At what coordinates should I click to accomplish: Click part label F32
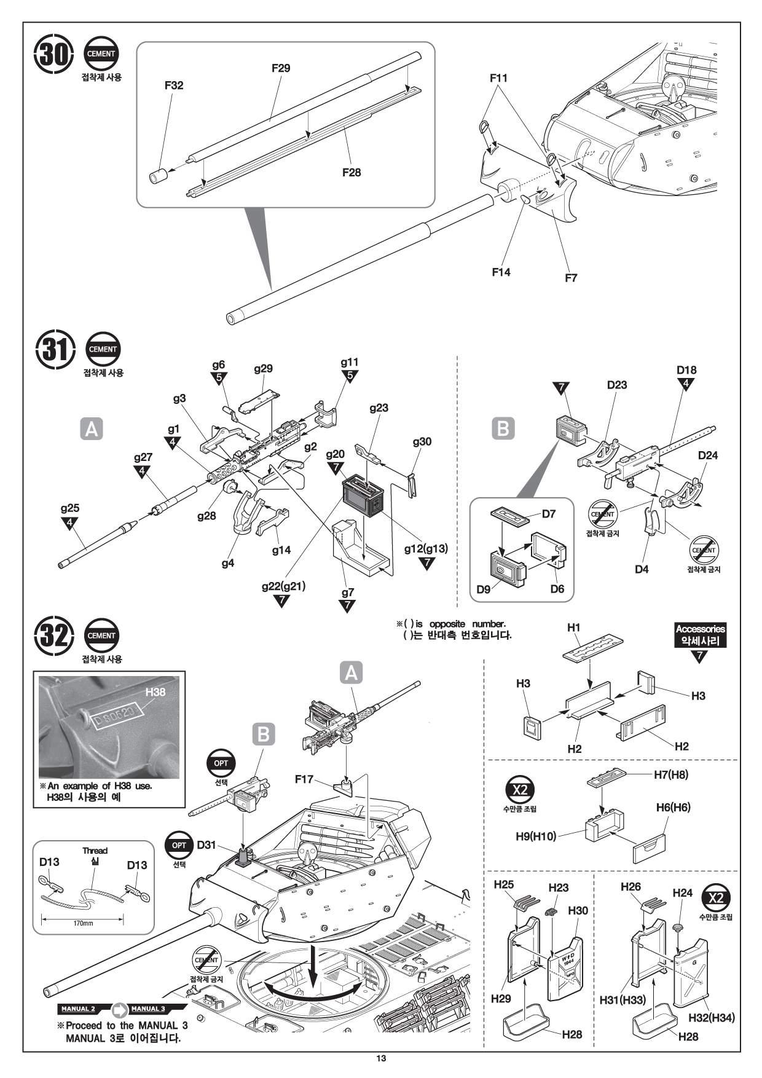[x=174, y=85]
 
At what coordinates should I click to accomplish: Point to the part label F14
[x=501, y=272]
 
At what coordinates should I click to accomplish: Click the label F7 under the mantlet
[x=571, y=278]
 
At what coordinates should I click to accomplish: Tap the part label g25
[x=70, y=508]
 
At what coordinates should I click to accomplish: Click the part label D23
[x=616, y=385]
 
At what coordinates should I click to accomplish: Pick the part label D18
[x=686, y=370]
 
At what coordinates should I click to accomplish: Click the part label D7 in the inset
[x=548, y=514]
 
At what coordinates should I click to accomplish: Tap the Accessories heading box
[x=700, y=634]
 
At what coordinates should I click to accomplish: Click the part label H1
[x=573, y=628]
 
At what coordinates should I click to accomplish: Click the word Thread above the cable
[x=95, y=851]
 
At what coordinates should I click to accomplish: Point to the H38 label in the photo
[x=155, y=691]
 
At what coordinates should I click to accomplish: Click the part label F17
[x=304, y=779]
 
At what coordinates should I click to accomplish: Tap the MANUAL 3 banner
[x=148, y=1009]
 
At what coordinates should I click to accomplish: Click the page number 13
[x=381, y=1058]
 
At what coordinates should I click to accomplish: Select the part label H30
[x=578, y=910]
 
